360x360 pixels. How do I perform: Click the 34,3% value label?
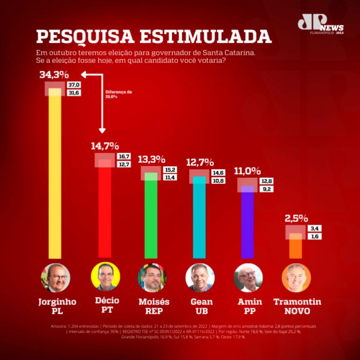(x=54, y=75)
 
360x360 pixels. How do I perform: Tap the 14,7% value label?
(x=105, y=146)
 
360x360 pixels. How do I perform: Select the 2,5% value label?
(x=296, y=218)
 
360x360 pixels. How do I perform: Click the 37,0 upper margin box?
(x=74, y=85)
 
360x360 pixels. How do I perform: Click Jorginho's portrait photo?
(x=56, y=277)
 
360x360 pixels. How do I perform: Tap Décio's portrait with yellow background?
(x=105, y=277)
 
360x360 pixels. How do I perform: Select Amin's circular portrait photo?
(x=248, y=278)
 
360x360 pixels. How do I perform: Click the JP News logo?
(x=320, y=24)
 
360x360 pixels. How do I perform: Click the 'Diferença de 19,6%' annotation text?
(x=118, y=94)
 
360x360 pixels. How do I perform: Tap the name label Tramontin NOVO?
(x=297, y=306)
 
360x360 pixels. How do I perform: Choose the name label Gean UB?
(x=202, y=306)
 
